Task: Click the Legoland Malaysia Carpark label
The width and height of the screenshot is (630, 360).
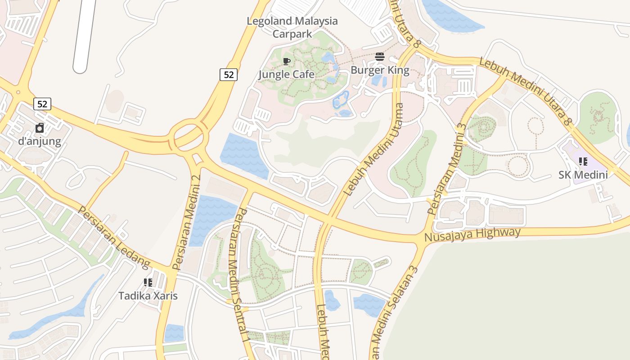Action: (292, 27)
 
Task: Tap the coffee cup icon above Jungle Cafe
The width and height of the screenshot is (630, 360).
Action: (287, 61)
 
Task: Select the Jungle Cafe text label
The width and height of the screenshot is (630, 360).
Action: (287, 74)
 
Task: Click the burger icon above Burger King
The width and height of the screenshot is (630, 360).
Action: (380, 57)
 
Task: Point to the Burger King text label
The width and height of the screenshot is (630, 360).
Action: (380, 70)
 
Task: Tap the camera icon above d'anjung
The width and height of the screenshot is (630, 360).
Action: (40, 128)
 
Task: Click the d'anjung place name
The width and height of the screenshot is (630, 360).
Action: (40, 141)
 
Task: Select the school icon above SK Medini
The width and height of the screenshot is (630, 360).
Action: (583, 162)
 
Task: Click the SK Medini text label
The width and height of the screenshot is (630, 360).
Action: (583, 175)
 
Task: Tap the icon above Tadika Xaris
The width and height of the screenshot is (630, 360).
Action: (148, 283)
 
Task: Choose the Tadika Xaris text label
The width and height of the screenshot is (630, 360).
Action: (148, 296)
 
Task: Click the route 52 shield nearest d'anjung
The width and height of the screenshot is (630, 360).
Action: (42, 104)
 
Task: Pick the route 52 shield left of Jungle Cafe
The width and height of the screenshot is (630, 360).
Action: (229, 75)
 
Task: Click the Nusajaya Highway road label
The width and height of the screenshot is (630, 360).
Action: (472, 234)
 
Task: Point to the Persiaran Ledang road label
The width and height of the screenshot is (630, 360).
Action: (113, 236)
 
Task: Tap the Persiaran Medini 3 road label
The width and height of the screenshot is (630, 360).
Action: (446, 169)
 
